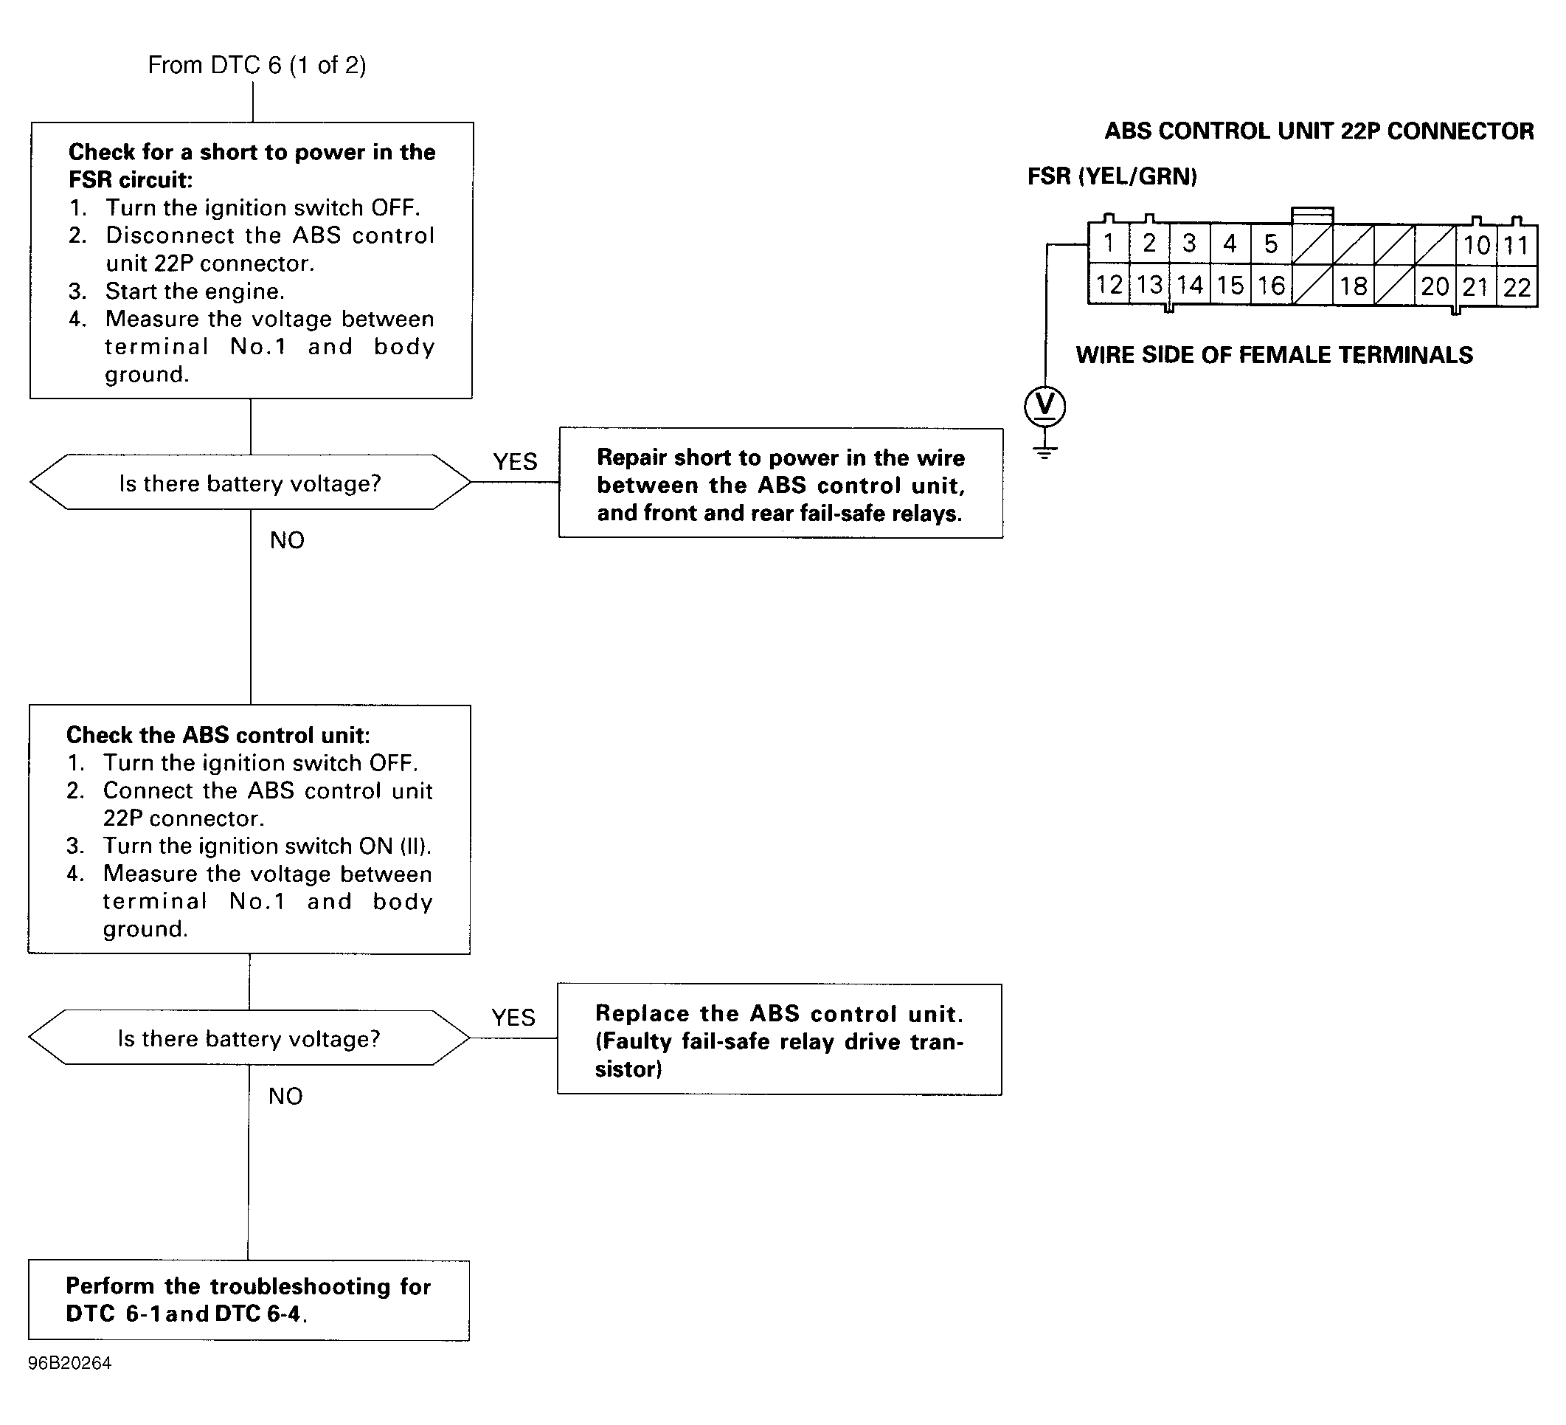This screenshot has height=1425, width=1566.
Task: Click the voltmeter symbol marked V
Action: (x=1044, y=407)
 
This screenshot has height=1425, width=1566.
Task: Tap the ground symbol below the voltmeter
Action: (x=1044, y=452)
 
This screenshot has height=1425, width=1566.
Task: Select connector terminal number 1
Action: (x=1109, y=244)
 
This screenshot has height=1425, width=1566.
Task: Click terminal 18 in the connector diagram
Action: (x=1353, y=286)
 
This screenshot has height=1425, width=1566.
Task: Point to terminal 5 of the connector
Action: (x=1271, y=244)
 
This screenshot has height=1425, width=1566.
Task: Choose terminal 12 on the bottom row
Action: (x=1109, y=284)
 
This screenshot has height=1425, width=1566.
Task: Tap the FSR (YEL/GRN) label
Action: (x=1112, y=176)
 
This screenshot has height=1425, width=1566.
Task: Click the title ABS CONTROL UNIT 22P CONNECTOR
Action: (x=1319, y=131)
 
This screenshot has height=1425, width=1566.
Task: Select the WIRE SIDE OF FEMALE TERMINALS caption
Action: (x=1274, y=355)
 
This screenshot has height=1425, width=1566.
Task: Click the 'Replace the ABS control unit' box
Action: (x=779, y=1040)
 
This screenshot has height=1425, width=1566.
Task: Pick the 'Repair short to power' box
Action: (x=780, y=483)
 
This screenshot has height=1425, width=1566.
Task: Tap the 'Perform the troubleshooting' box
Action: (x=249, y=1300)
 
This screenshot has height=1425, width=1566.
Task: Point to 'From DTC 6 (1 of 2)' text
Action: (x=257, y=64)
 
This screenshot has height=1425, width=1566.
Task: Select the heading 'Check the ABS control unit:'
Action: (x=218, y=735)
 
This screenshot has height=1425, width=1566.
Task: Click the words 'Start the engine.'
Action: (x=195, y=291)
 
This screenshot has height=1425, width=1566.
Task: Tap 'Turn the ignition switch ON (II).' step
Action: (x=267, y=846)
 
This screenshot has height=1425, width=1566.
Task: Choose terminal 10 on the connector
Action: (x=1476, y=246)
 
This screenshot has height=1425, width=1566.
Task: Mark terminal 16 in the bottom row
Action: (x=1271, y=285)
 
